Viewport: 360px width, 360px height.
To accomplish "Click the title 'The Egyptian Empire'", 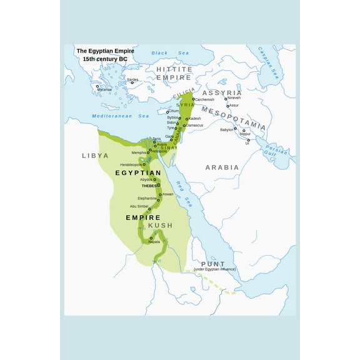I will [105, 51].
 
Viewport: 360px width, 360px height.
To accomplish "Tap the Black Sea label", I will [161, 53].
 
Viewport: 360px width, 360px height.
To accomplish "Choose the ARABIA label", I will [222, 167].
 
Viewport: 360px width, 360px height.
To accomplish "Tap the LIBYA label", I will [95, 155].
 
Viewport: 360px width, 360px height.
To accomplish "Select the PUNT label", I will [213, 264].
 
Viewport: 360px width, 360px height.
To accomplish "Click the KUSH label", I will [160, 225].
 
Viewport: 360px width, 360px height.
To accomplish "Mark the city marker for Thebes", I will [159, 185].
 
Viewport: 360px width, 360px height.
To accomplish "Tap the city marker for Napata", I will [151, 238].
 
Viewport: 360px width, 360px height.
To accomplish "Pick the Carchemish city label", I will [204, 100].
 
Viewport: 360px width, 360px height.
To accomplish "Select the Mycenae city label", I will [104, 89].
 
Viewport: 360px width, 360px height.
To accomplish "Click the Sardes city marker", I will [132, 82].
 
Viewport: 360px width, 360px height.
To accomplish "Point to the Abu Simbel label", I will [139, 206].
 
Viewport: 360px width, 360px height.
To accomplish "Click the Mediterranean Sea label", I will [121, 116].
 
